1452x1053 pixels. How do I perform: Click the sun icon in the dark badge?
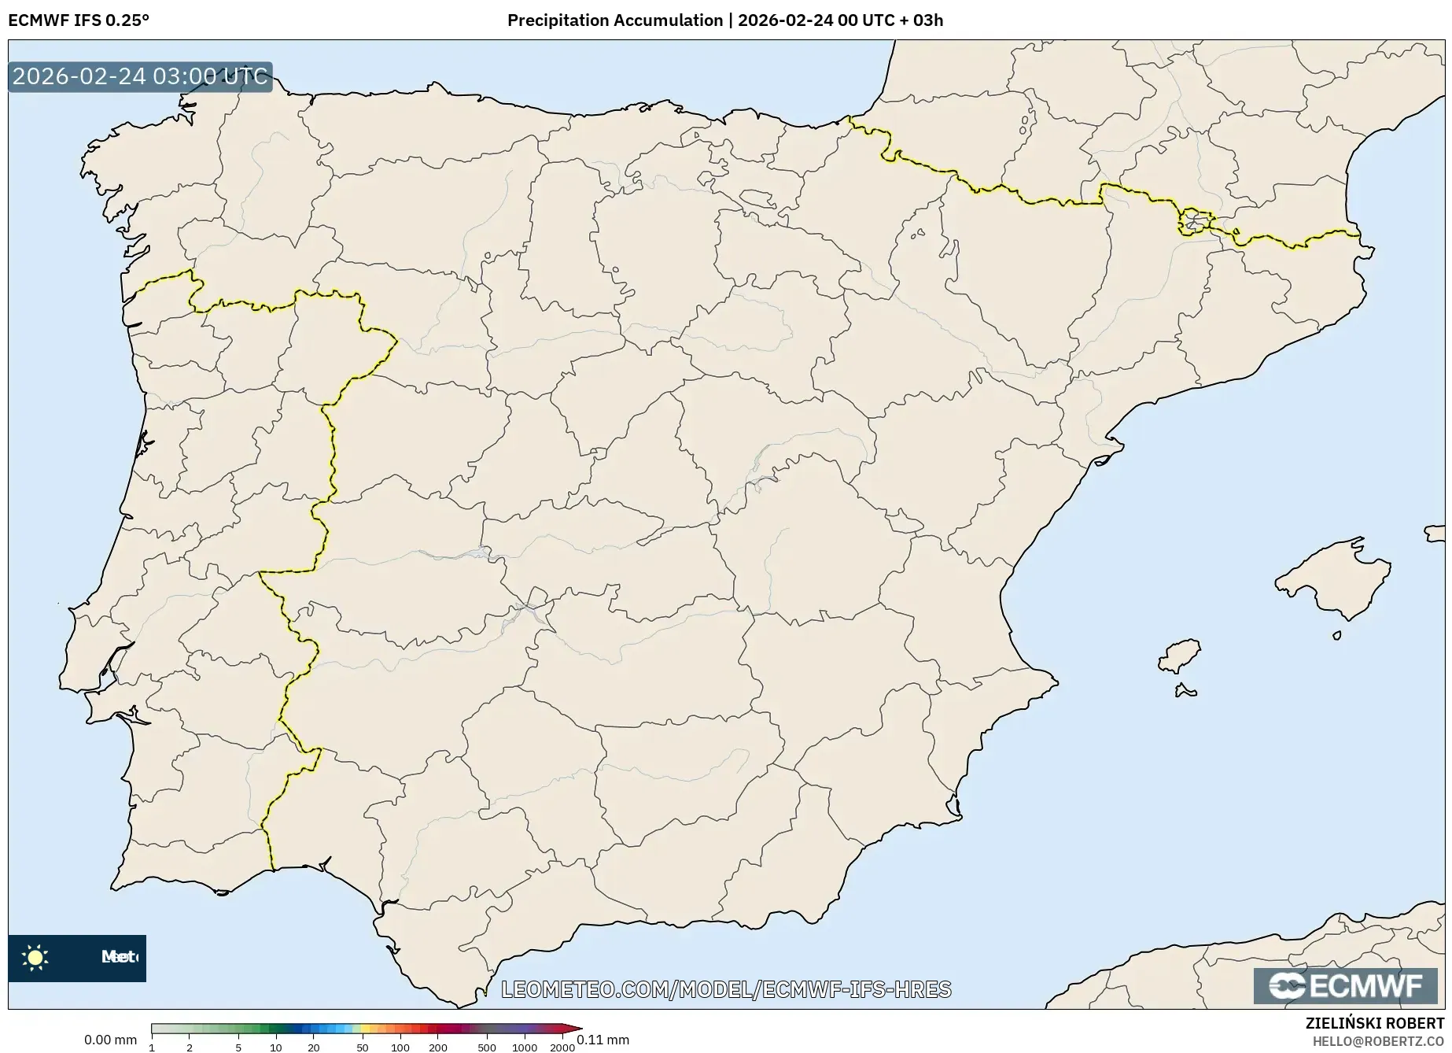[x=35, y=957]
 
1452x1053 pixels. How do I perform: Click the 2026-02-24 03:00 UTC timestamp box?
[x=140, y=77]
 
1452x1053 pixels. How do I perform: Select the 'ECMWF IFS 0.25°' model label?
[x=78, y=20]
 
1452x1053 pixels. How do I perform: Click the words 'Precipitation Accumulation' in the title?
[x=614, y=20]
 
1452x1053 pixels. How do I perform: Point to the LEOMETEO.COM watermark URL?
[x=725, y=989]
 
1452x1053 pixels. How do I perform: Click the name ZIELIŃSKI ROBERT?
[x=1374, y=1024]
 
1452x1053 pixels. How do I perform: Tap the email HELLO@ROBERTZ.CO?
[x=1378, y=1040]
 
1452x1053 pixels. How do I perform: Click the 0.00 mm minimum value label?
[x=110, y=1040]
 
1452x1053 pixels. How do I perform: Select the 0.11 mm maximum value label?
[x=604, y=1040]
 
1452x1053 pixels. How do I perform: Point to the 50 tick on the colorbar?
[x=363, y=1047]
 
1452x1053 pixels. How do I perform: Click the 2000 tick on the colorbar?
[x=562, y=1047]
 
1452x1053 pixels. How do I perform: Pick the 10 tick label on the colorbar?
[x=275, y=1047]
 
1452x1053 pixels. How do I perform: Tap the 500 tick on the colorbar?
[x=487, y=1047]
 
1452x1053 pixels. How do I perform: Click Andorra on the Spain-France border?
[x=1195, y=222]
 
